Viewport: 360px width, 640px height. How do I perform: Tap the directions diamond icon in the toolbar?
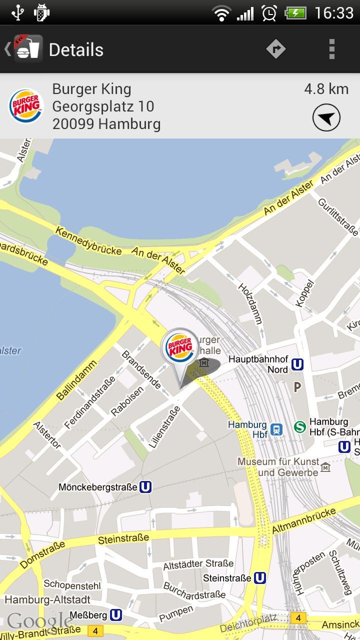[x=275, y=49]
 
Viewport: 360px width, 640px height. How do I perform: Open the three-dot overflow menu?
[x=331, y=49]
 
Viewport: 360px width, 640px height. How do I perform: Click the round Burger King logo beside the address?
[x=26, y=106]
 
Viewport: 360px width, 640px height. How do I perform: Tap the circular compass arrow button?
[x=326, y=118]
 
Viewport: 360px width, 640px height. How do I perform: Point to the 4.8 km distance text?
[x=326, y=89]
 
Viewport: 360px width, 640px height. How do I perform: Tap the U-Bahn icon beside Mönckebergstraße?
[x=145, y=486]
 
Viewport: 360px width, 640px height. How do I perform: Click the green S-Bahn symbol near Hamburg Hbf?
[x=299, y=426]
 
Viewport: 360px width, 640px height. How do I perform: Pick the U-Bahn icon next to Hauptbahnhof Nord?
[x=297, y=364]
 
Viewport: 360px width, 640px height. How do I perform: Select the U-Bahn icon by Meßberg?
[x=116, y=614]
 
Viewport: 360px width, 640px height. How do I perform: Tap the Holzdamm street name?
[x=250, y=303]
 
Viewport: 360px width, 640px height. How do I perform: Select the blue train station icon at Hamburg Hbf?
[x=276, y=429]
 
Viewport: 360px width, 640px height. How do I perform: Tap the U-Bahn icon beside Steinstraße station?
[x=259, y=578]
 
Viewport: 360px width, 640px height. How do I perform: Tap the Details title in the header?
[x=76, y=49]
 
